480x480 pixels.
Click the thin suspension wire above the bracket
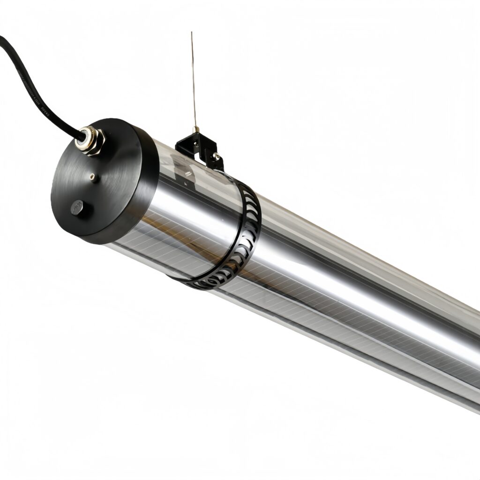193,80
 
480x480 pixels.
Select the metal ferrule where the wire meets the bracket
196,129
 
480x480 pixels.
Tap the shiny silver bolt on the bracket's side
216,156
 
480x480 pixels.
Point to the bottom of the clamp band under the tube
202,284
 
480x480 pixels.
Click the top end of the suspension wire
191,33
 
